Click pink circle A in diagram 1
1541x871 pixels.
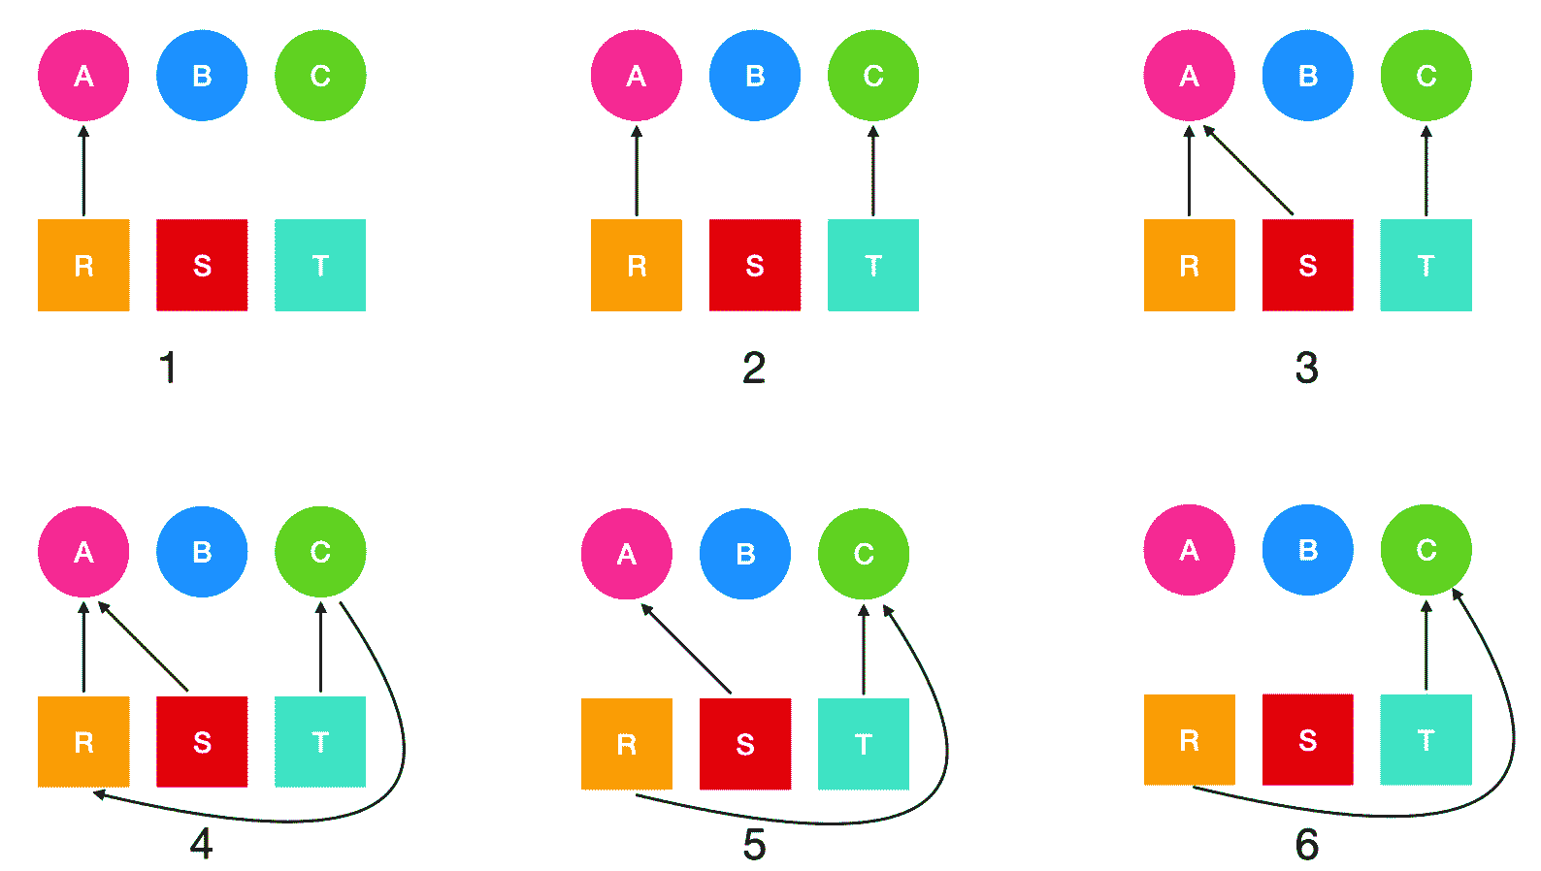[83, 76]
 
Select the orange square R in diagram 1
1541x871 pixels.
[83, 265]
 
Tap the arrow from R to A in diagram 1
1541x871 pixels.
[83, 170]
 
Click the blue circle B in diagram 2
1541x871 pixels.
[755, 76]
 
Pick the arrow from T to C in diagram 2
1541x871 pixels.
[873, 170]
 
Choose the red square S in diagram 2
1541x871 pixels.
[755, 265]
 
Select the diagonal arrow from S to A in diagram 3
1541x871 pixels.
[1249, 170]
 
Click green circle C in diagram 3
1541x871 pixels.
[1426, 76]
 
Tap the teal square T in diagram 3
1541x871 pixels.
[1426, 265]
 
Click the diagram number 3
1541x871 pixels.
[1306, 369]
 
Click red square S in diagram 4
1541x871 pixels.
[202, 742]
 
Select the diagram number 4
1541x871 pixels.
[201, 844]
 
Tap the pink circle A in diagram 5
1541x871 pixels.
[627, 554]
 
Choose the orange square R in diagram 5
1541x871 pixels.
[627, 744]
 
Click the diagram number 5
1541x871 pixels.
[754, 845]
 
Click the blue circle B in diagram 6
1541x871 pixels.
[1307, 550]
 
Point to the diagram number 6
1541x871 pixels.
[1306, 845]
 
